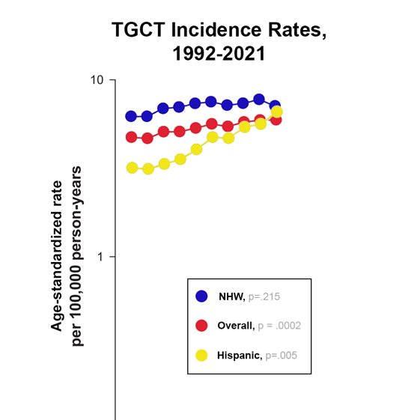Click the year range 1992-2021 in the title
click(x=219, y=55)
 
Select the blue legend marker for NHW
click(x=201, y=296)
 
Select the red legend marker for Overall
click(x=201, y=326)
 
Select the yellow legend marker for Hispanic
click(x=201, y=355)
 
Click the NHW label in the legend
click(x=231, y=297)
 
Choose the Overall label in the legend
click(x=236, y=326)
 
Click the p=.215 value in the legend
click(x=264, y=297)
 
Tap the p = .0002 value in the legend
click(x=279, y=326)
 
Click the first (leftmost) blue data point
click(x=132, y=116)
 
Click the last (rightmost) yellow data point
click(x=276, y=112)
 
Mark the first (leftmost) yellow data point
click(x=133, y=168)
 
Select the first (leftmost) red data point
click(x=132, y=137)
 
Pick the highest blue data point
click(x=259, y=100)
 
